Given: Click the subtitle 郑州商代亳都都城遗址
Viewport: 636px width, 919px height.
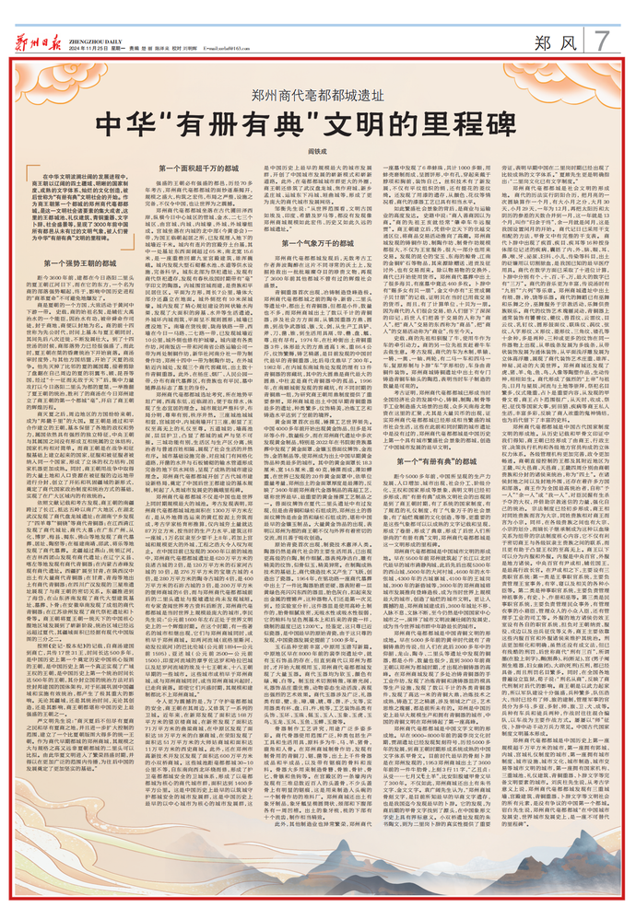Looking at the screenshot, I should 318,95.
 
